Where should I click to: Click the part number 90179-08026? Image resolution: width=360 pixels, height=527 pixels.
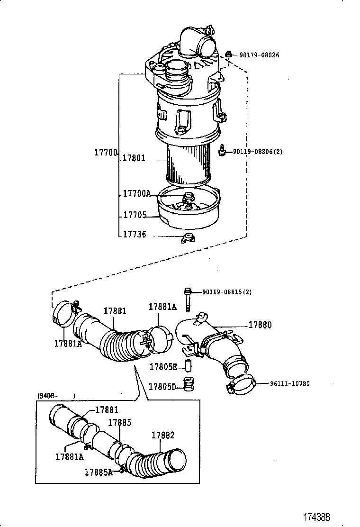coord(259,55)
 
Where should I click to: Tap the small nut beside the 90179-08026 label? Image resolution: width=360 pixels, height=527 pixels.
coord(228,54)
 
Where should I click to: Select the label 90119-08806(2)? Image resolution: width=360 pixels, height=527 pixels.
coord(257,152)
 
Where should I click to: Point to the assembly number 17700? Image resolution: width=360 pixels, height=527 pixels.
coord(105,152)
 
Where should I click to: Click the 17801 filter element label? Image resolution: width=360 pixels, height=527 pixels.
coord(134,158)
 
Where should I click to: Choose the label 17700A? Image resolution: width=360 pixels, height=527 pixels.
coord(136,193)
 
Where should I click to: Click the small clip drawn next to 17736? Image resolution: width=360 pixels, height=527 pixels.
coord(188,237)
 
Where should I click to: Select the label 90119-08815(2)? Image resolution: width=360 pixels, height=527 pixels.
coord(227,292)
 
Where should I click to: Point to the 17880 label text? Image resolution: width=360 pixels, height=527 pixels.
coord(260,325)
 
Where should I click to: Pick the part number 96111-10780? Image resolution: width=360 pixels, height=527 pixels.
coord(283,383)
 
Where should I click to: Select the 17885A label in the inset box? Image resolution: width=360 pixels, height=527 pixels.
coord(99,472)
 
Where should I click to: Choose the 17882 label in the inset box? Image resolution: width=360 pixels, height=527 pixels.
coord(163,435)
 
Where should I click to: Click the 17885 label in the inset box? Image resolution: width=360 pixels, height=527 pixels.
coord(119,422)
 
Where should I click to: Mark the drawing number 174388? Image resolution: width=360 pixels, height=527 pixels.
coord(316,516)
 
